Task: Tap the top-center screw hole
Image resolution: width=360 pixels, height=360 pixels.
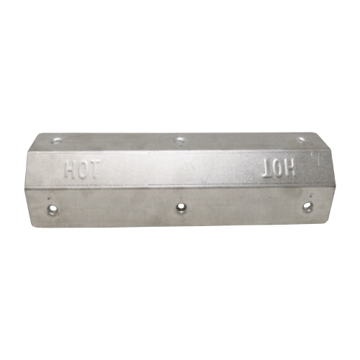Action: (x=179, y=139)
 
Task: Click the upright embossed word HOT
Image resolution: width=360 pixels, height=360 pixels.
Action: (x=81, y=170)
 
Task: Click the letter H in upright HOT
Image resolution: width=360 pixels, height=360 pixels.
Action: (x=71, y=170)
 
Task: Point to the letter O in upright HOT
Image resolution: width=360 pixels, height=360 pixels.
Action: (x=82, y=170)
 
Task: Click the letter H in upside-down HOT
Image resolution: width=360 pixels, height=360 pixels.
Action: (x=290, y=168)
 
